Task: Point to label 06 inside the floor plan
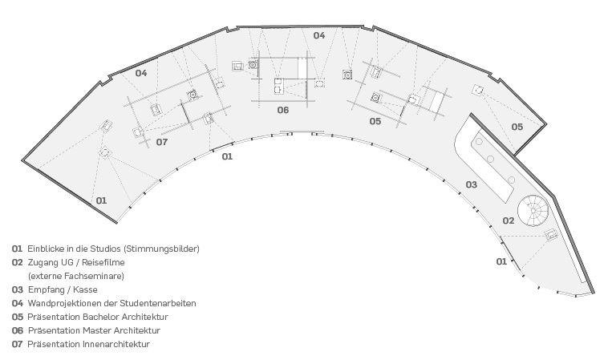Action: coord(283,110)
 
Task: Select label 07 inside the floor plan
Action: coord(161,142)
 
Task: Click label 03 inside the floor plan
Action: coord(472,185)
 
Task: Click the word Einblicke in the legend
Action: coord(46,249)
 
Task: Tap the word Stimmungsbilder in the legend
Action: coord(164,249)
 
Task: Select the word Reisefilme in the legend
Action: coord(103,262)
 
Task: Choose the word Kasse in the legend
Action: coord(86,289)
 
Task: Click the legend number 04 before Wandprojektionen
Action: coord(17,303)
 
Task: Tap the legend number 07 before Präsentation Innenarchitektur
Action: coord(17,344)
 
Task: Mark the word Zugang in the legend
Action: coord(43,262)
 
